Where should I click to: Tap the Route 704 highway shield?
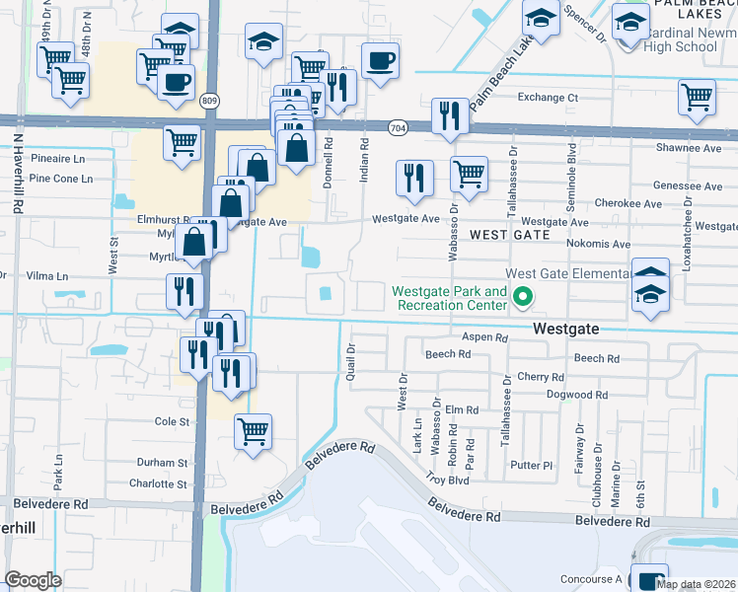pyautogui.click(x=398, y=127)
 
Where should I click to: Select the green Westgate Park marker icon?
pyautogui.click(x=526, y=296)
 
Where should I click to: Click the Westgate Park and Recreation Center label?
pyautogui.click(x=449, y=298)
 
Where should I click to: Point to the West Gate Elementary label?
pyautogui.click(x=567, y=273)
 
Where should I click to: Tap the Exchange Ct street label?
pyautogui.click(x=548, y=98)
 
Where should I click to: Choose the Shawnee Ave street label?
pyautogui.click(x=689, y=148)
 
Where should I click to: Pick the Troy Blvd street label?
pyautogui.click(x=446, y=479)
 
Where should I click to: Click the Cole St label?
pyautogui.click(x=171, y=421)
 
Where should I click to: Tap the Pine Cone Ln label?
pyautogui.click(x=60, y=179)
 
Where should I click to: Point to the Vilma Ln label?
pyautogui.click(x=47, y=277)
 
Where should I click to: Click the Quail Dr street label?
pyautogui.click(x=350, y=362)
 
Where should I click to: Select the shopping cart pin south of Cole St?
pyautogui.click(x=253, y=430)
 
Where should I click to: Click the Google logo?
pyautogui.click(x=34, y=580)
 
